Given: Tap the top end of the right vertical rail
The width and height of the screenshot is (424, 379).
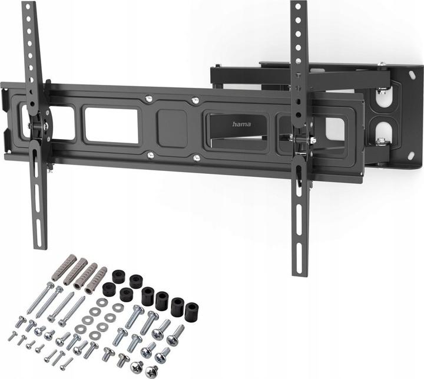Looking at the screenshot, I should point(298,5).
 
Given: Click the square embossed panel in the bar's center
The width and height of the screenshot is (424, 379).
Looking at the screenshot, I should point(172,126).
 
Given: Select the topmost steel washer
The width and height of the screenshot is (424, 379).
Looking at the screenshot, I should point(103,301).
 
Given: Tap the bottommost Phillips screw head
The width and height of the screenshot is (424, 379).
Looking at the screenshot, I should point(152,371).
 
